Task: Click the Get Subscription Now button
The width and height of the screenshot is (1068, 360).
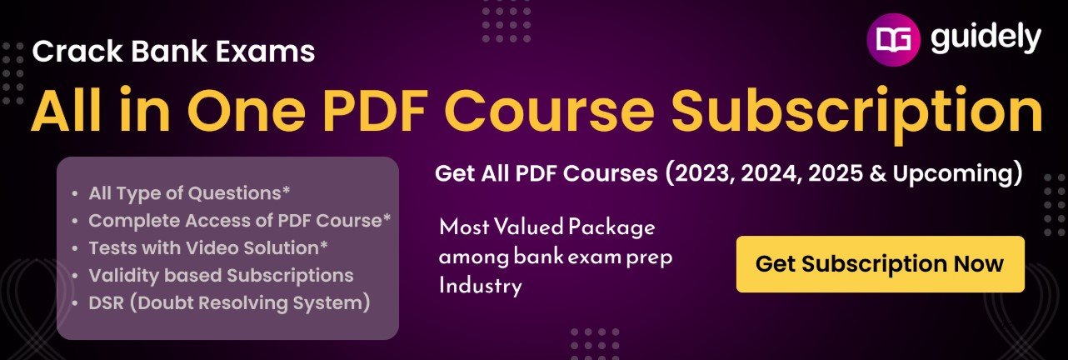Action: click(881, 264)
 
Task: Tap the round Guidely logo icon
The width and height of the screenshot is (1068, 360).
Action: click(893, 39)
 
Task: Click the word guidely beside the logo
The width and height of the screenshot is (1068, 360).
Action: click(986, 39)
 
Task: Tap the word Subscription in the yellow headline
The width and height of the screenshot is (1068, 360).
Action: click(856, 114)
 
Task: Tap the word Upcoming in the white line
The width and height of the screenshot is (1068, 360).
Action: click(952, 174)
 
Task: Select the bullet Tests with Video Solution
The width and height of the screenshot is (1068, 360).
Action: click(208, 248)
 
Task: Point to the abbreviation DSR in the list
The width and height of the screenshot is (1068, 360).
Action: click(107, 303)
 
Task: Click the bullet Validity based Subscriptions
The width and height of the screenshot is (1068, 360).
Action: click(222, 276)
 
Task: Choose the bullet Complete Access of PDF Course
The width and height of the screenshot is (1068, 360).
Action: click(240, 221)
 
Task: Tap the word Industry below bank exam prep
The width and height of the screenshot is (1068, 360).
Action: click(481, 286)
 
